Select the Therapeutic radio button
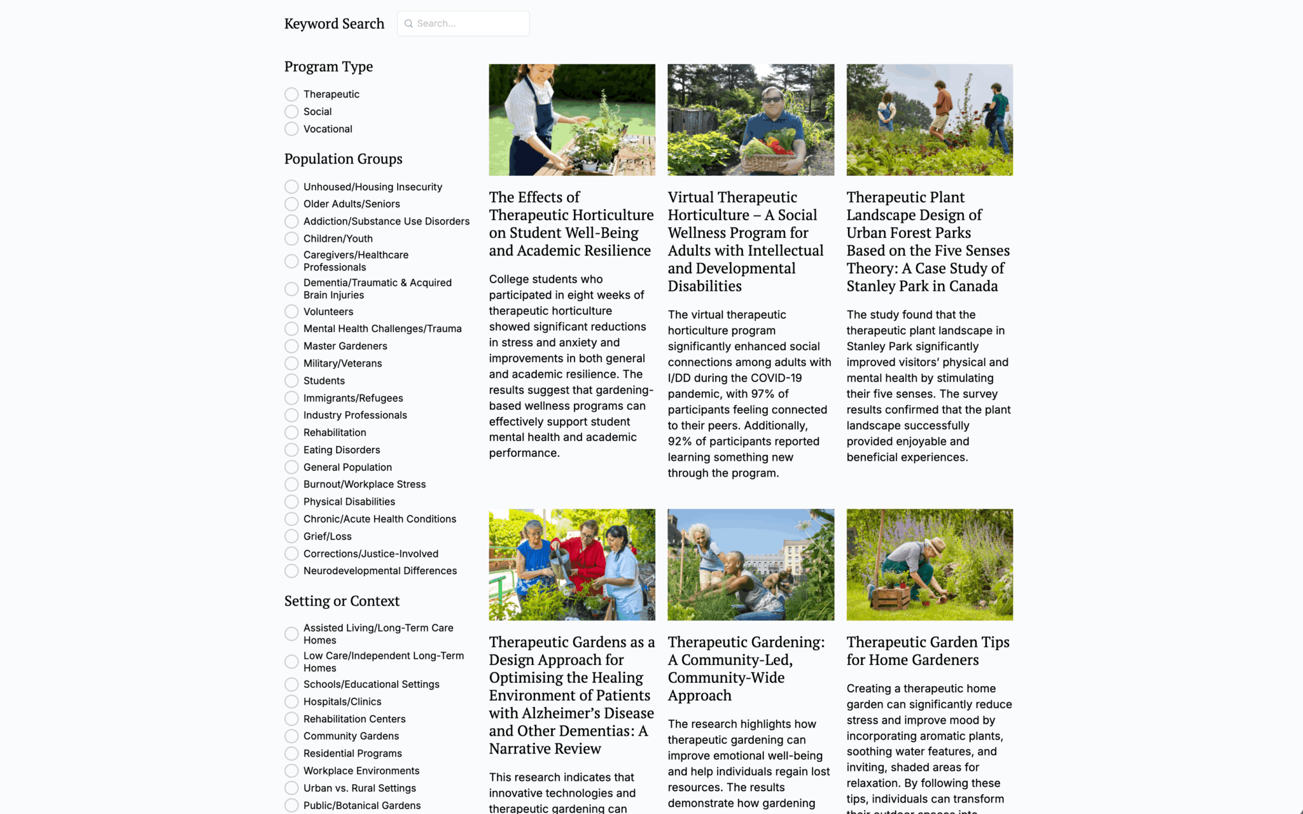tap(291, 94)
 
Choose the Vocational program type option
tap(291, 129)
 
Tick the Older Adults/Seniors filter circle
tap(291, 204)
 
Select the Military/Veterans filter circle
tap(291, 363)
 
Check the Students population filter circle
tap(291, 381)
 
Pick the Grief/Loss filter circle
tap(291, 537)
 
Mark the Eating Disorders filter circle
tap(291, 450)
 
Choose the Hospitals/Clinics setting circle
tap(291, 701)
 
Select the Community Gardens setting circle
tap(291, 736)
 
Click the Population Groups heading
tap(343, 159)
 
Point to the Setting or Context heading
tap(342, 601)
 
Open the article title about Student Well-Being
tap(571, 224)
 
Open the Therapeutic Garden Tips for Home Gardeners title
tap(928, 651)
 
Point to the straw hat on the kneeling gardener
tap(935, 545)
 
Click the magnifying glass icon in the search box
tap(408, 24)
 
